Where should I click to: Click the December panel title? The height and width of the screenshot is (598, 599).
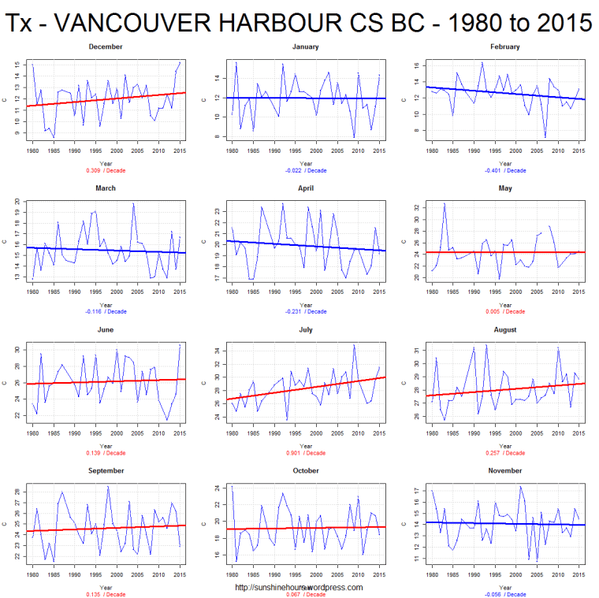pos(105,46)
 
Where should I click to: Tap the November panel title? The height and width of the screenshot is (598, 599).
pos(504,470)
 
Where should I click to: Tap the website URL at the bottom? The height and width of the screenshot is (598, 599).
pos(299,587)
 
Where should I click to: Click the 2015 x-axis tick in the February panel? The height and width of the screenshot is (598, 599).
pos(579,150)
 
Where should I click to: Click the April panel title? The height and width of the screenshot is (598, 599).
pos(306,188)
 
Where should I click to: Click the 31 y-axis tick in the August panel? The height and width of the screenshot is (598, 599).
pos(415,350)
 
